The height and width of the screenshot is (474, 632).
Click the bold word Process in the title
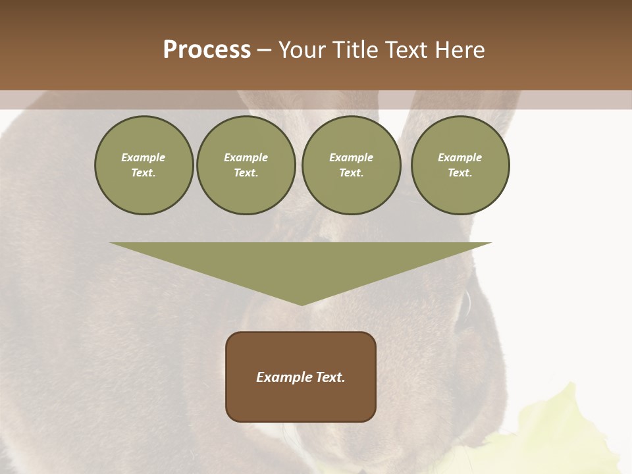click(207, 50)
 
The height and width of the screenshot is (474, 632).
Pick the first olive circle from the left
click(144, 165)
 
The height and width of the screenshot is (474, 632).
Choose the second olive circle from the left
click(246, 165)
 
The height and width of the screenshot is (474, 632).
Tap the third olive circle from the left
click(351, 165)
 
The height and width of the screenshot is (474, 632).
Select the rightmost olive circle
click(460, 165)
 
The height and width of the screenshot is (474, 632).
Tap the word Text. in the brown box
click(331, 377)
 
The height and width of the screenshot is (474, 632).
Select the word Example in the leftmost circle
click(144, 157)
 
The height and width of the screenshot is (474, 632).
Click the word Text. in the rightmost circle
click(460, 173)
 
